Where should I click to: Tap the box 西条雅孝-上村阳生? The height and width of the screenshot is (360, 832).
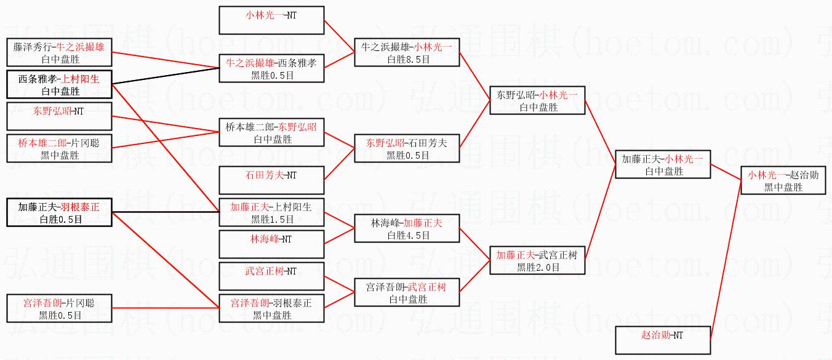coord(59,85)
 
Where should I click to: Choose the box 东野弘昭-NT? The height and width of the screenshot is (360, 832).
coord(59,116)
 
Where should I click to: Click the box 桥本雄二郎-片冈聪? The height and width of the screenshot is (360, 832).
coord(59,148)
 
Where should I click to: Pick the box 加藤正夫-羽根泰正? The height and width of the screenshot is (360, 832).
coord(59,212)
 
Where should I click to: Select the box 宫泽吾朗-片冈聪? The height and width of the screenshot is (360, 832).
coord(59,308)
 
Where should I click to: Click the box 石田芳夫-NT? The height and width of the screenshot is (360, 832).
coord(272,180)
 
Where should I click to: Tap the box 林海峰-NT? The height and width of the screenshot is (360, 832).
coord(272,244)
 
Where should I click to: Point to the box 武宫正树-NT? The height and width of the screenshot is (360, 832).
coord(272,276)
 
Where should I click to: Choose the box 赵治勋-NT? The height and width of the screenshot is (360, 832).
coord(663,340)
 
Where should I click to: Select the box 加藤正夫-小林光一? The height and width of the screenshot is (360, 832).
coord(663,164)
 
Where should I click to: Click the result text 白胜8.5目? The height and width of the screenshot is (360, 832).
coord(407,60)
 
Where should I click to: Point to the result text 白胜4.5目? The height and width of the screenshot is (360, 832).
coord(407,236)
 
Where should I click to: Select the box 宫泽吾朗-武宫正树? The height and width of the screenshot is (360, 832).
coord(406,292)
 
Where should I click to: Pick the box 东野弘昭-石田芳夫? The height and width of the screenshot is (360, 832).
coord(406,148)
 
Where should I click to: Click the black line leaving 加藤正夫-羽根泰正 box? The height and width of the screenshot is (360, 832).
coord(166,212)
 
